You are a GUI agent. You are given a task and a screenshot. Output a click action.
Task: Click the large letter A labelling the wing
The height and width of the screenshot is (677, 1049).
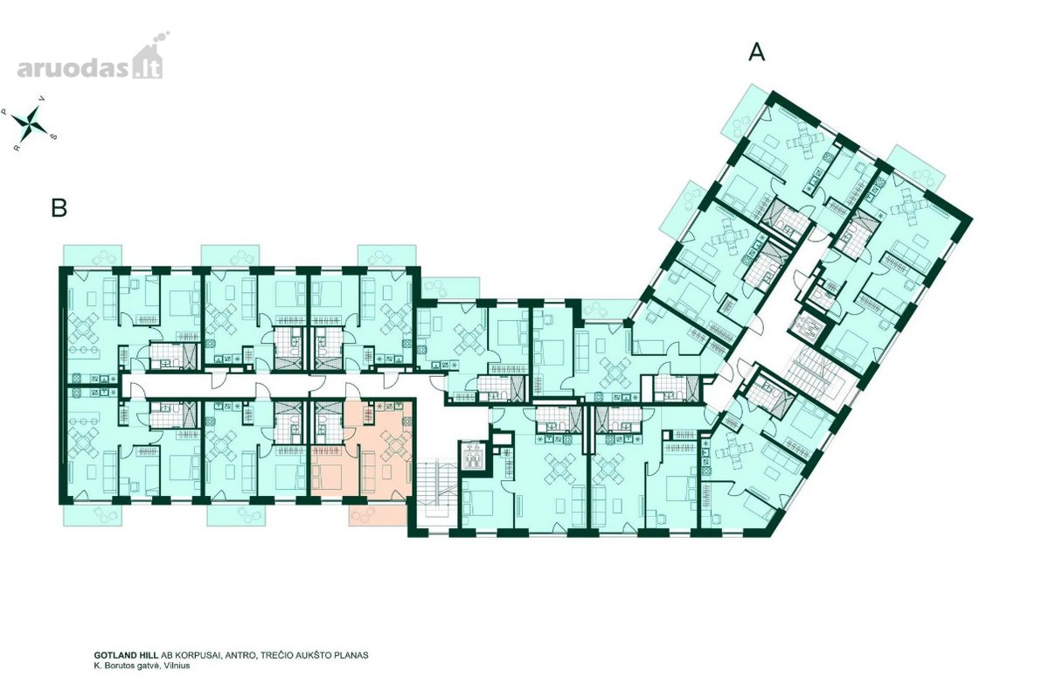(x=757, y=52)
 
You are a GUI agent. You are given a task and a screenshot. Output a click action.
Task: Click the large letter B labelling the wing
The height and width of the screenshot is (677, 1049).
(x=59, y=208)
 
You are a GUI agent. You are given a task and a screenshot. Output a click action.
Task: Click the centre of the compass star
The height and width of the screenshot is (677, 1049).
(x=30, y=121)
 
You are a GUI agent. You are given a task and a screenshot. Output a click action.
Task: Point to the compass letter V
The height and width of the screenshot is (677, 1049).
(x=43, y=98)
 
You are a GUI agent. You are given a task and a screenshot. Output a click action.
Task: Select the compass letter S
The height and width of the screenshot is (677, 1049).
(x=54, y=136)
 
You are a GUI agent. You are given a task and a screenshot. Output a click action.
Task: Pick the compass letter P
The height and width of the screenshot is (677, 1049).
(x=4, y=112)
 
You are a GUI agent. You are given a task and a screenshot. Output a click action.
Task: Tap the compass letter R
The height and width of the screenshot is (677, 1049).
(x=17, y=148)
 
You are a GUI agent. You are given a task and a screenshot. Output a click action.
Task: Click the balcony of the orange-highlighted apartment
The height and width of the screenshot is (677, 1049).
(x=378, y=515)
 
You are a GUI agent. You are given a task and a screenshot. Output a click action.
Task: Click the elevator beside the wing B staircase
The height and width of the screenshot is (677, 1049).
(x=473, y=455)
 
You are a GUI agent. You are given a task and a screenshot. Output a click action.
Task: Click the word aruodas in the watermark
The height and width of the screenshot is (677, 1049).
(x=73, y=68)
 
